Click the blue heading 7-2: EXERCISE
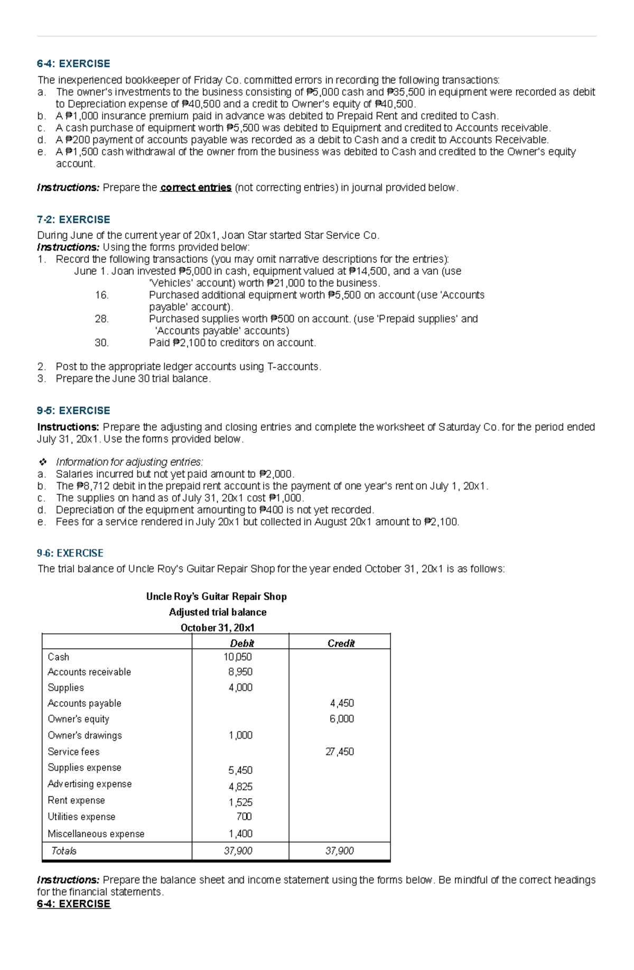73,219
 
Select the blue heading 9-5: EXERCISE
73,410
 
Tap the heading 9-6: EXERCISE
70,553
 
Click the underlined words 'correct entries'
195,188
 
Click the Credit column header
341,643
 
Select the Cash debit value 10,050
238,657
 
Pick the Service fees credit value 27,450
340,752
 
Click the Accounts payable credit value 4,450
342,703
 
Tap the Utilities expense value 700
244,817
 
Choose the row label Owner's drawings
85,735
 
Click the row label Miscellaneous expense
96,834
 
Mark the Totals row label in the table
63,851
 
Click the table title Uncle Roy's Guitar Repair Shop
216,596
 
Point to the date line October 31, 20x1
217,627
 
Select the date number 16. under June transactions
101,295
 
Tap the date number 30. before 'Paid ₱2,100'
101,343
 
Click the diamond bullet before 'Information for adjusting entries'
42,462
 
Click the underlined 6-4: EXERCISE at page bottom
73,904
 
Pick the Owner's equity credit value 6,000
342,719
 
